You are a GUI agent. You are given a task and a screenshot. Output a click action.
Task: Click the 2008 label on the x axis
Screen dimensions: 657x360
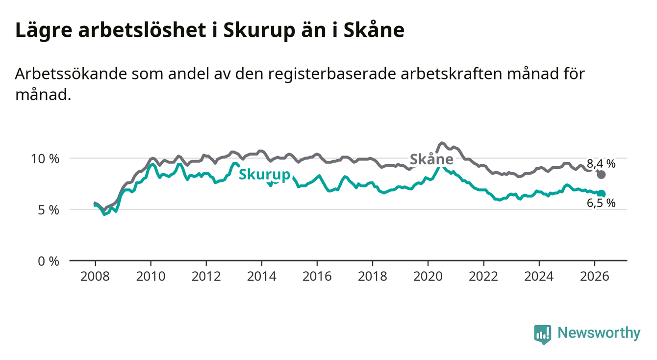(x=95, y=277)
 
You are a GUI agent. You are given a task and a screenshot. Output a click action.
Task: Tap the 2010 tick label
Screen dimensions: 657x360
(x=151, y=277)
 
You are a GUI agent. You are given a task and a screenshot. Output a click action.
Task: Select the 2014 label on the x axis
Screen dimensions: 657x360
(x=262, y=277)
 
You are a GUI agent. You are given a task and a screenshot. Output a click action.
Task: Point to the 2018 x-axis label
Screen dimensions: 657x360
(x=373, y=277)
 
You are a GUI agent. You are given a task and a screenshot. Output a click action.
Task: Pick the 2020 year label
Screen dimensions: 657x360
(x=428, y=277)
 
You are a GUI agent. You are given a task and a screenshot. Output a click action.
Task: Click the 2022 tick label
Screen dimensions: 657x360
(x=483, y=277)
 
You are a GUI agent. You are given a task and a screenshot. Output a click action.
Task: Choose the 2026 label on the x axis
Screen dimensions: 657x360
(x=595, y=277)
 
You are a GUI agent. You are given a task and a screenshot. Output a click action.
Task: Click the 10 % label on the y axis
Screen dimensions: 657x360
(x=45, y=159)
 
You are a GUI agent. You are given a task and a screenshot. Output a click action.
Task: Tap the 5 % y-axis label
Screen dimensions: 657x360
(x=49, y=210)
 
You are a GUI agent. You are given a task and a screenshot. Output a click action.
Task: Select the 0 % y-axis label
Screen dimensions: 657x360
(x=49, y=261)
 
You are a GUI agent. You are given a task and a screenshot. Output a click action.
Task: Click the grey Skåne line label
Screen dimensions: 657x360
(x=431, y=159)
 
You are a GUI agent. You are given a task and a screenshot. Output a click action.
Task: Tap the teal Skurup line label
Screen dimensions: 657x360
(x=265, y=175)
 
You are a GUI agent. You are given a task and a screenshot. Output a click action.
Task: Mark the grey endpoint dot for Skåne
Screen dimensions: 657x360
(x=601, y=175)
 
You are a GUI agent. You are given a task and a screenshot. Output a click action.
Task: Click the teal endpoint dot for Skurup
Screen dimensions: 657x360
(x=601, y=193)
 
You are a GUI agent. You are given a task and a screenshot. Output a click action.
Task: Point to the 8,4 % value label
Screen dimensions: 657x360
(x=601, y=164)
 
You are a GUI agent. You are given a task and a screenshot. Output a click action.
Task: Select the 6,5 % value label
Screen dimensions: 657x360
(x=601, y=203)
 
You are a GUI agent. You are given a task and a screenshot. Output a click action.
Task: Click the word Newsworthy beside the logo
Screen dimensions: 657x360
(x=599, y=333)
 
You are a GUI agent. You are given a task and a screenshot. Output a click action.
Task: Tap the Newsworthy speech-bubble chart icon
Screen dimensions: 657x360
(x=543, y=334)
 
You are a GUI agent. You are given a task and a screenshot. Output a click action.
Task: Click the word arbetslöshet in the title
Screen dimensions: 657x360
(x=142, y=30)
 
